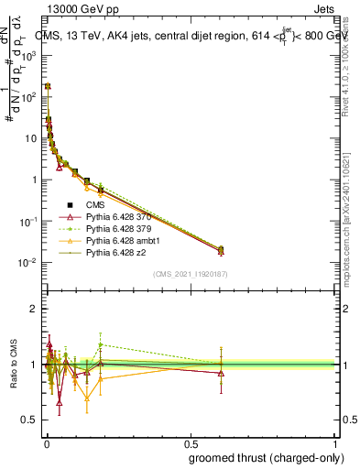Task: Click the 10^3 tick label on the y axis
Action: click(x=28, y=55)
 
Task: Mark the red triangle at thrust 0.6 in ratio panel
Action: click(x=220, y=373)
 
